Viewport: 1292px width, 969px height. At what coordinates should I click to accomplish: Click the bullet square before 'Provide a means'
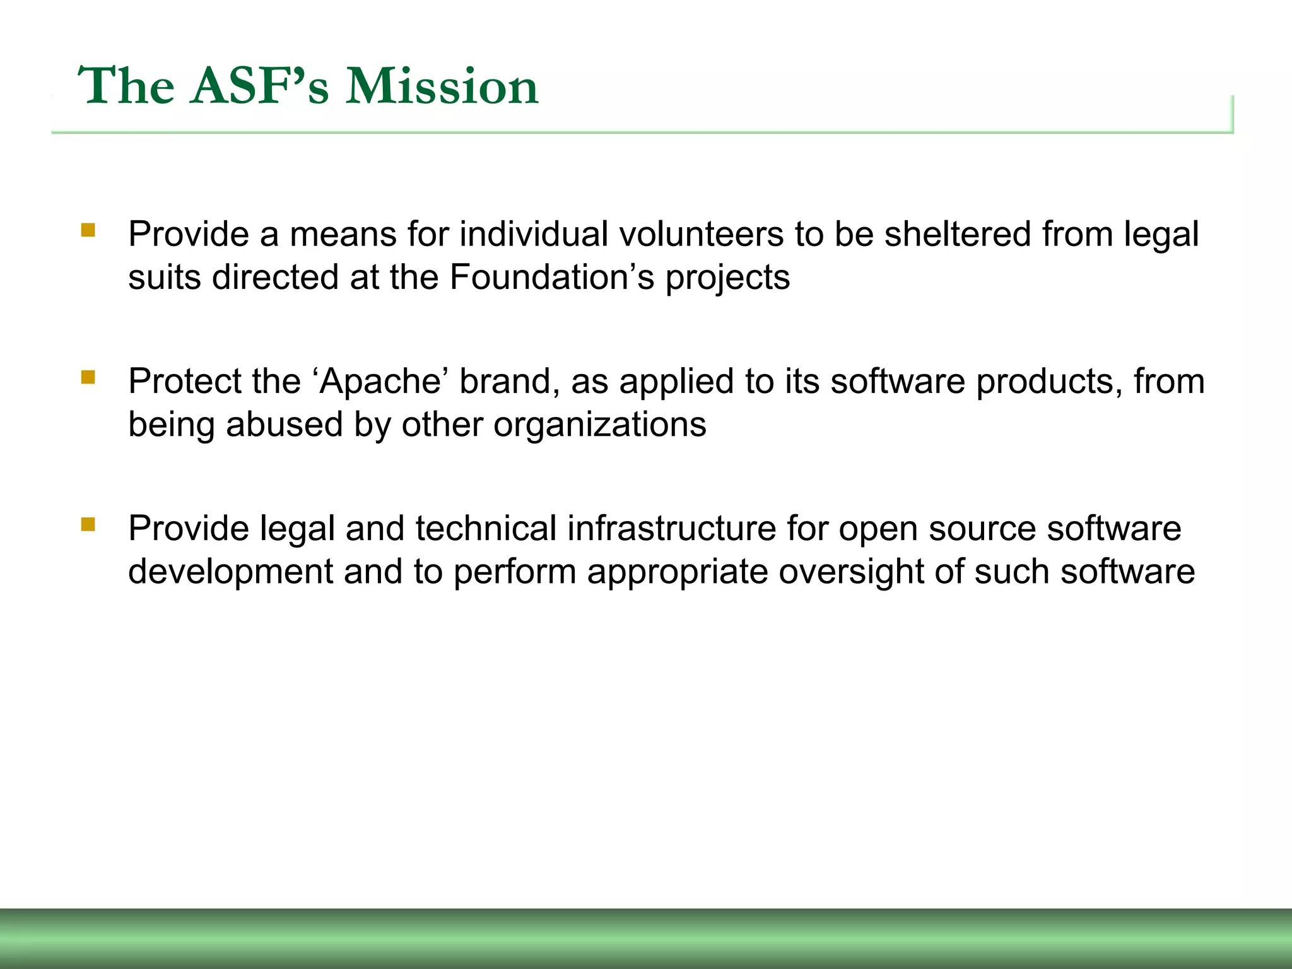click(x=88, y=230)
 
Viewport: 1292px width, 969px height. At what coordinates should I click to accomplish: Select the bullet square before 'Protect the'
click(x=88, y=377)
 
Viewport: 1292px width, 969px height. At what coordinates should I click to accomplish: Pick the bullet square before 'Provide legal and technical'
click(x=88, y=524)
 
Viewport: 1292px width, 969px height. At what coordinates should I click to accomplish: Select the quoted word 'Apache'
click(x=380, y=381)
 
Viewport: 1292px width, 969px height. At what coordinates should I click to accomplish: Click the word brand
click(x=509, y=381)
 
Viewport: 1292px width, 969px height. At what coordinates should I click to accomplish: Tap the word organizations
click(x=599, y=424)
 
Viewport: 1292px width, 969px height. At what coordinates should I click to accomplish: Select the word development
click(x=230, y=572)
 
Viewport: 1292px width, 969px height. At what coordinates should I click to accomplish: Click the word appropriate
click(x=677, y=572)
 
